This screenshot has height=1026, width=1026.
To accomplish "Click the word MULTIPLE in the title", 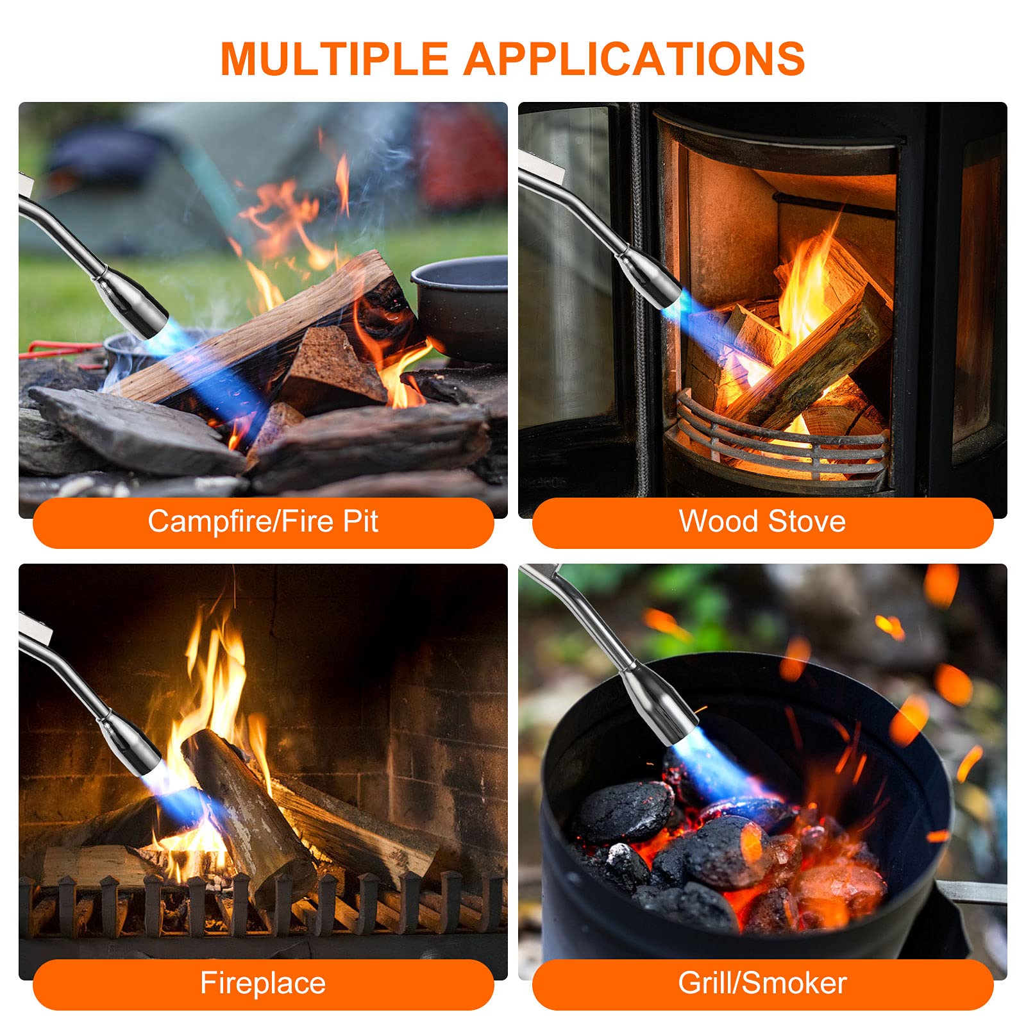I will click(333, 59).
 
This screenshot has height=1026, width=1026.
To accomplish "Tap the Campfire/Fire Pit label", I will click(263, 521).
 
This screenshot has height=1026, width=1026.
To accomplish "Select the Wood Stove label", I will click(762, 521).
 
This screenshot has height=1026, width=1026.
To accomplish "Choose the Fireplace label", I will click(263, 983).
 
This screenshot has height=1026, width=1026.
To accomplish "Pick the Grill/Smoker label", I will click(762, 983).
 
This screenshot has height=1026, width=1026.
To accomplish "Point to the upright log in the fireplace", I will click(250, 814).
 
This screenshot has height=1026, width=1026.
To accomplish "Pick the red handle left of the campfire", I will click(55, 350).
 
